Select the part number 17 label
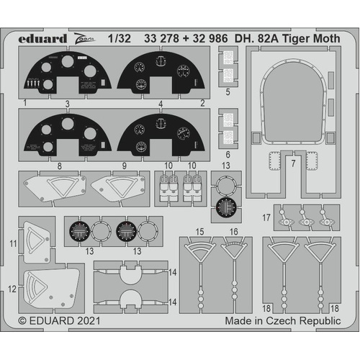(266, 217)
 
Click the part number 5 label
(227, 91)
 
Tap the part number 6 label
(227, 154)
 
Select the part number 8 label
(59, 165)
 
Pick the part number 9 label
(124, 165)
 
